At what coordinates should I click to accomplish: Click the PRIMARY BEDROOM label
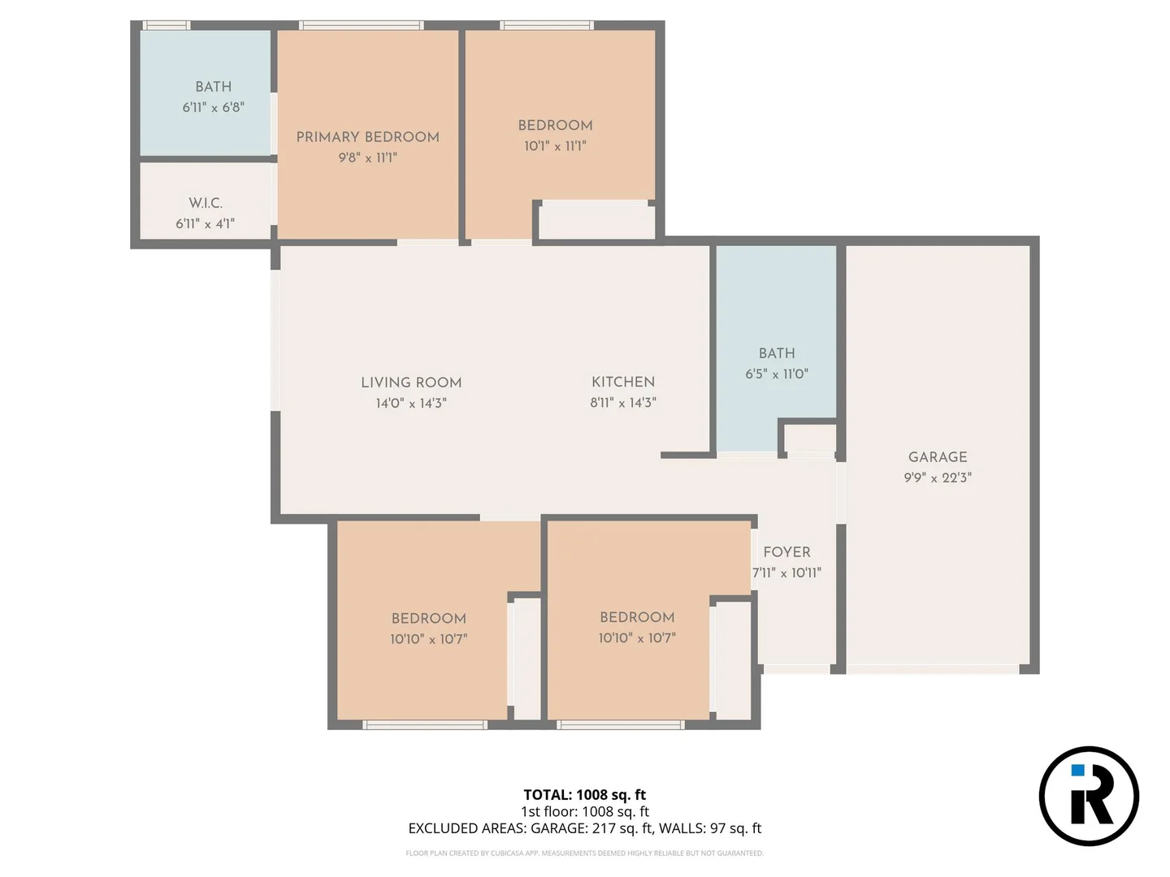point(367,136)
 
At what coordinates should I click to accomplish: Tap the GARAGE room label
point(938,456)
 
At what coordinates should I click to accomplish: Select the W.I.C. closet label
point(206,202)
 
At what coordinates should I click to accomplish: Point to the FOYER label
point(786,551)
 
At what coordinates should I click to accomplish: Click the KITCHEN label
point(623,382)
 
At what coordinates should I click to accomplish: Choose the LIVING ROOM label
point(411,382)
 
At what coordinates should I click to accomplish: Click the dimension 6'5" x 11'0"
point(777,374)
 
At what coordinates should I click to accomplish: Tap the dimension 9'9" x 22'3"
point(938,477)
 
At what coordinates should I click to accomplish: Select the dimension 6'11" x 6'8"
point(213,107)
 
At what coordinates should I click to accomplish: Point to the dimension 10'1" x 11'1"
point(555,146)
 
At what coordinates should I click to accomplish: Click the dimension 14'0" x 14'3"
point(411,403)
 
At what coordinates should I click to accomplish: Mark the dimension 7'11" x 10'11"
point(786,572)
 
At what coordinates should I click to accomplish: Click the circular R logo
point(1089,796)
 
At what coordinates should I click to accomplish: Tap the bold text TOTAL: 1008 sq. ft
point(584,794)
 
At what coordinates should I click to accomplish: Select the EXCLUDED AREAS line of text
point(584,828)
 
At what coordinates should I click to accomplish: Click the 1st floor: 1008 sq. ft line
point(584,811)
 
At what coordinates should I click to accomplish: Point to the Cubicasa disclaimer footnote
point(584,853)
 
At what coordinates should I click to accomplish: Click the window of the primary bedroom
point(361,25)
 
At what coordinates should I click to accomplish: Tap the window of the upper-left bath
point(167,25)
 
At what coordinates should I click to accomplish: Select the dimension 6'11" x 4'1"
point(206,223)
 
